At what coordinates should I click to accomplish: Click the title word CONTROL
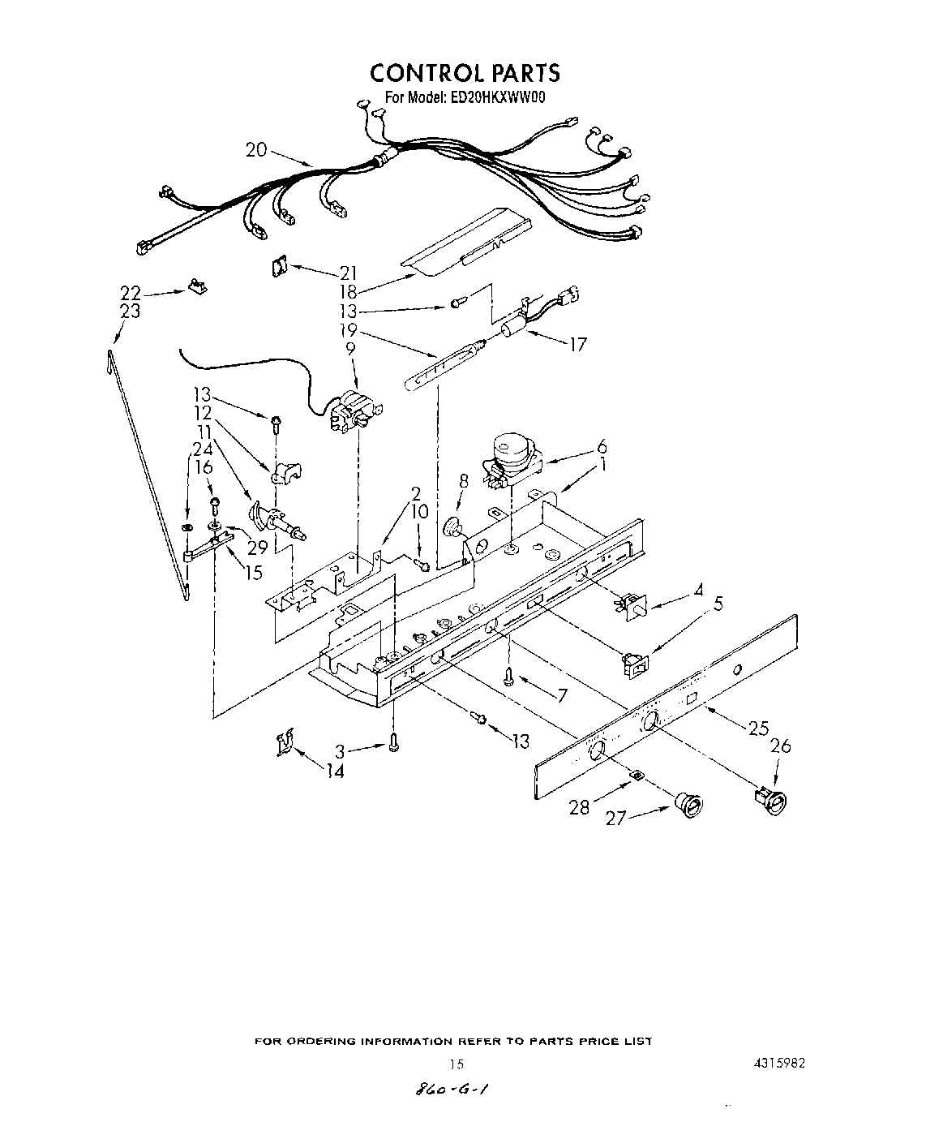tap(427, 73)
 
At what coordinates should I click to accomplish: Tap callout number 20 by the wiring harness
tap(255, 149)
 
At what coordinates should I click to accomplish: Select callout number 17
tap(577, 344)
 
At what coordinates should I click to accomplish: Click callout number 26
tap(779, 746)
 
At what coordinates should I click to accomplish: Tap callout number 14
tap(334, 772)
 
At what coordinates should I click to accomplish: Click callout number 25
tap(758, 728)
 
